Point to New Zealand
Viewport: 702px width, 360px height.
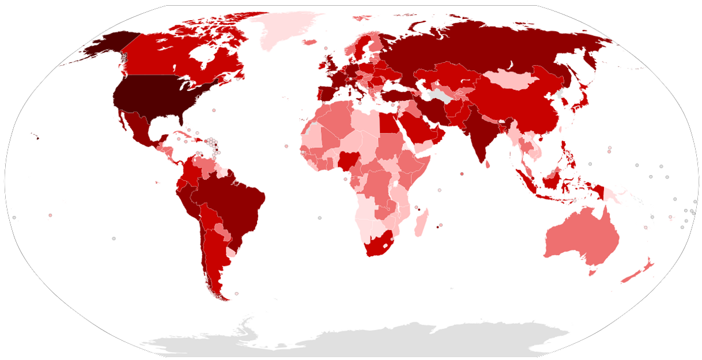click(x=640, y=271)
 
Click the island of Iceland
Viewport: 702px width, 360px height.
click(x=310, y=42)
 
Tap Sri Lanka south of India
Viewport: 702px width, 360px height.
click(x=488, y=165)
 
